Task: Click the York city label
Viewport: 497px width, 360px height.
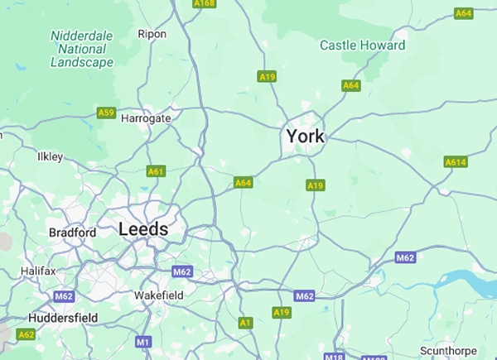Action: (305, 136)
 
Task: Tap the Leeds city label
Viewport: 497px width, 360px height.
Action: (143, 229)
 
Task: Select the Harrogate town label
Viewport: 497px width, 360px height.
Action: (146, 118)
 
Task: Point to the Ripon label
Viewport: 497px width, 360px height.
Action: (152, 34)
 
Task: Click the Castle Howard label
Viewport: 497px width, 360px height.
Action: (363, 45)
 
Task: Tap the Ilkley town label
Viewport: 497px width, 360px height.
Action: (51, 157)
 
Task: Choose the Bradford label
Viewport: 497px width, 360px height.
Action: (72, 233)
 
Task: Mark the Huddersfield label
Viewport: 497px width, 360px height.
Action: (63, 318)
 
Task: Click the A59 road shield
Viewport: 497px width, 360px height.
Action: (106, 113)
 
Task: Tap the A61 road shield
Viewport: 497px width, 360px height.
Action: (156, 171)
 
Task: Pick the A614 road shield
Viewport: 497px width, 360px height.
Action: (456, 162)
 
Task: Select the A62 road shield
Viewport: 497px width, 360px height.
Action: (27, 334)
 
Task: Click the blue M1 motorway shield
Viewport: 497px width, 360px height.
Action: (143, 341)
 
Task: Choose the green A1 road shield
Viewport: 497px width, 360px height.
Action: (244, 323)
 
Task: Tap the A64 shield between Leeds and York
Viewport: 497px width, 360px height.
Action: (243, 182)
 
